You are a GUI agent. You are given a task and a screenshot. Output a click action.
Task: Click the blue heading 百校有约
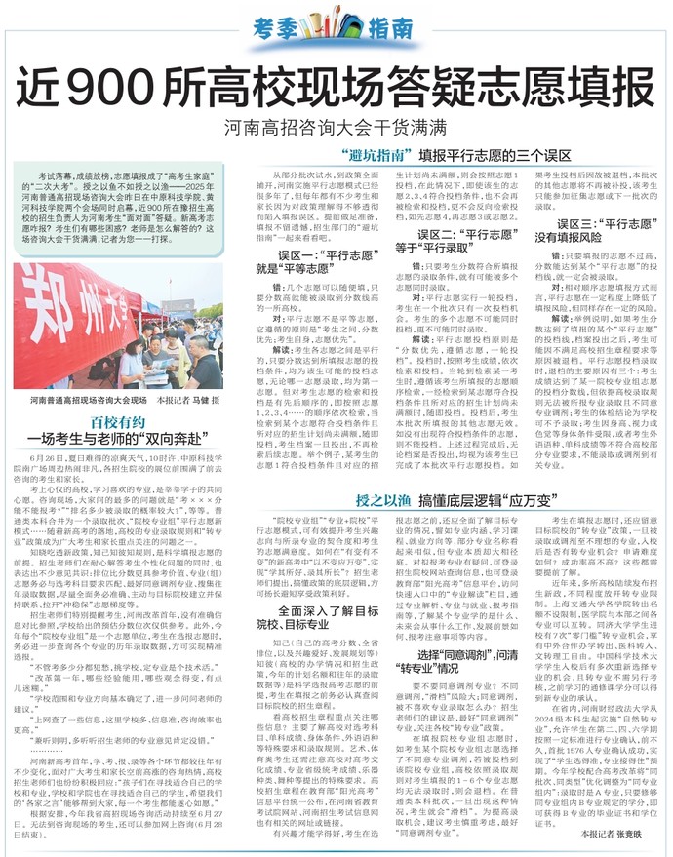(x=117, y=422)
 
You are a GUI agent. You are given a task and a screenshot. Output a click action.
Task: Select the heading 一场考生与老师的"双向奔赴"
(x=117, y=440)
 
